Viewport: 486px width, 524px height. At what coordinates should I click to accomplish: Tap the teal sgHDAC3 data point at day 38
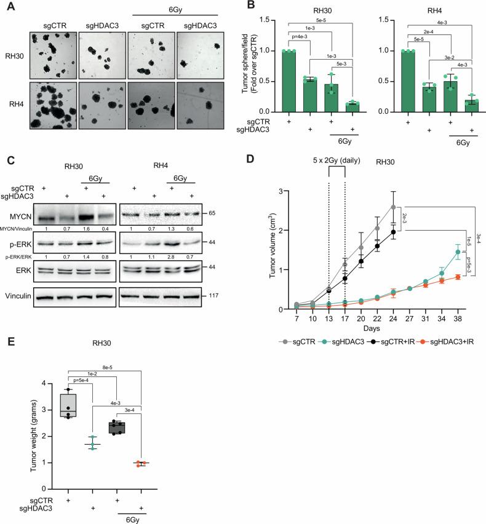click(458, 252)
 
